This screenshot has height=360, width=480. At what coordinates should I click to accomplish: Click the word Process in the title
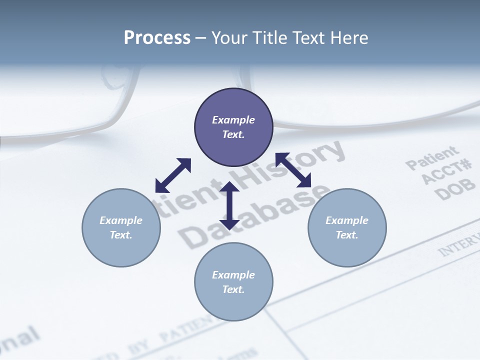click(157, 37)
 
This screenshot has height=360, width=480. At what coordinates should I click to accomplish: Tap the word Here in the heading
click(350, 37)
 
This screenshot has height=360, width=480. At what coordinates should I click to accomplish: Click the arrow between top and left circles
click(173, 175)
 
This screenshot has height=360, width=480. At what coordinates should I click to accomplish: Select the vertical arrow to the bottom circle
click(229, 205)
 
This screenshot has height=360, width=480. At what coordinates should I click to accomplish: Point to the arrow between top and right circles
click(293, 169)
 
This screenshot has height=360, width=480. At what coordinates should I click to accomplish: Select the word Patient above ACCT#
click(431, 157)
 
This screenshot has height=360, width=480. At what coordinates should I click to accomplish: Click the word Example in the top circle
click(233, 120)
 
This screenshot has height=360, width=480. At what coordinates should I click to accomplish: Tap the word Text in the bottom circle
click(233, 289)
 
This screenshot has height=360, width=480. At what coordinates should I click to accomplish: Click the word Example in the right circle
click(347, 220)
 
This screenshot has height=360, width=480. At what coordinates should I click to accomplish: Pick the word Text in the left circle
click(121, 235)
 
